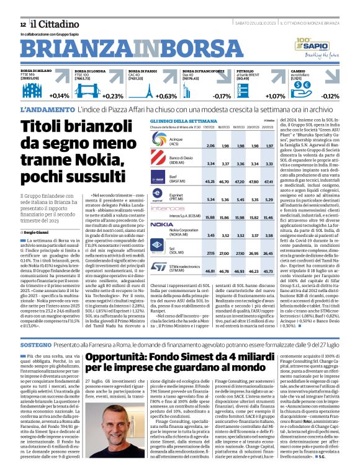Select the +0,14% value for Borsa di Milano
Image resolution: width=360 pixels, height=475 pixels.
[59, 96]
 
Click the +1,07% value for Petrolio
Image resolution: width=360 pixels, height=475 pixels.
[275, 96]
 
